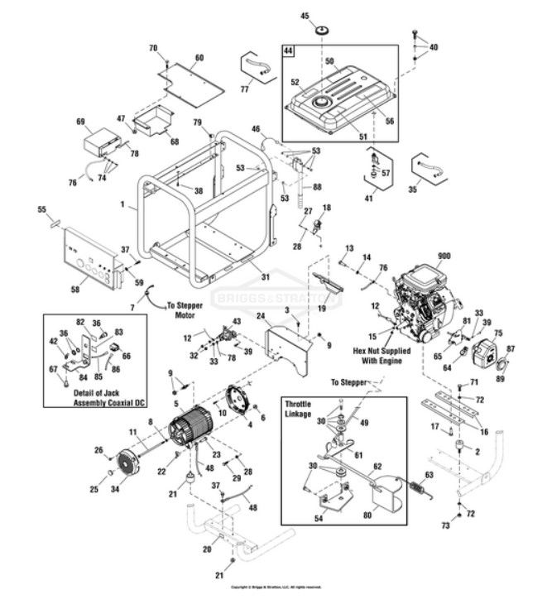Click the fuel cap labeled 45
[321, 31]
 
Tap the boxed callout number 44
[289, 51]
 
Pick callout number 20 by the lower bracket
[206, 548]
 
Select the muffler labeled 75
[481, 352]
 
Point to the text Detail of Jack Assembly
[85, 395]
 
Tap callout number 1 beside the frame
[122, 203]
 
